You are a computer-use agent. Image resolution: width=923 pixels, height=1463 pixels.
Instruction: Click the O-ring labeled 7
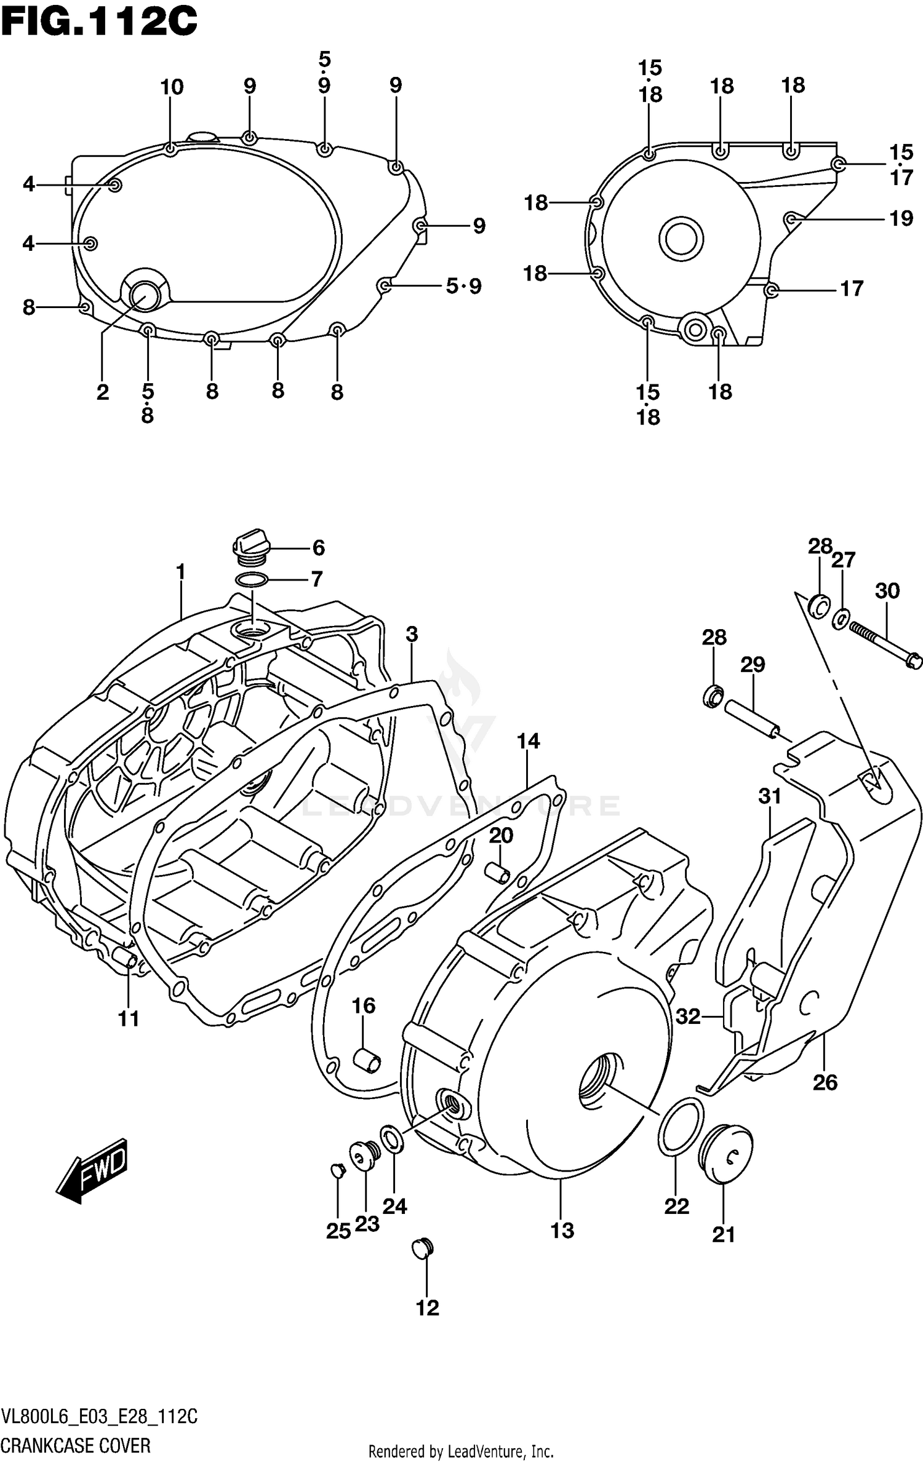[x=251, y=579]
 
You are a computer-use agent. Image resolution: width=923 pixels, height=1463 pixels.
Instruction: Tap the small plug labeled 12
[x=423, y=1248]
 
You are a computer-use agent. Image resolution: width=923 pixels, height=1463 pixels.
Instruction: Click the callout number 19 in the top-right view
[x=901, y=218]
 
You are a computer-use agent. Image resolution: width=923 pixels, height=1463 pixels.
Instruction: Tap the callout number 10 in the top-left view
[x=172, y=87]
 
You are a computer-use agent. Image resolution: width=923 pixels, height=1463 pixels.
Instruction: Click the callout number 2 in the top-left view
[x=102, y=392]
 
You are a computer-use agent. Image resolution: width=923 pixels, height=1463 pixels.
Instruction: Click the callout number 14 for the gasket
[x=528, y=741]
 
